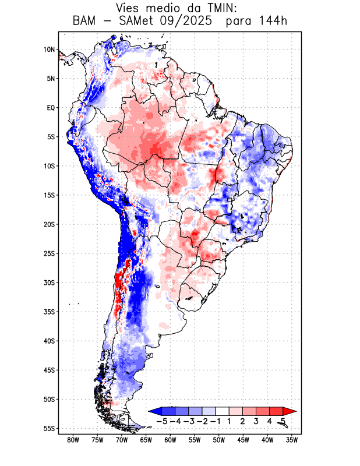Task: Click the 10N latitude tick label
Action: (x=49, y=50)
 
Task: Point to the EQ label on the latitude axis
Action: (x=51, y=108)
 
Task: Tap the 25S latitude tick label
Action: (x=49, y=253)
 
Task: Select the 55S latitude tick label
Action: (x=49, y=428)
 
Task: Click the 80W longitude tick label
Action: (x=73, y=440)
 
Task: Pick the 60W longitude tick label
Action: (x=170, y=440)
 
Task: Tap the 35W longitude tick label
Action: (x=292, y=440)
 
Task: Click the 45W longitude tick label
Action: (x=243, y=440)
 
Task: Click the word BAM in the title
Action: (x=85, y=21)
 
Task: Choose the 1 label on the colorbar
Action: (x=230, y=421)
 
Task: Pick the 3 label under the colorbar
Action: (x=256, y=421)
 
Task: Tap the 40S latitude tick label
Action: (x=49, y=341)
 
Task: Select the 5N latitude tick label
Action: (x=51, y=79)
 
